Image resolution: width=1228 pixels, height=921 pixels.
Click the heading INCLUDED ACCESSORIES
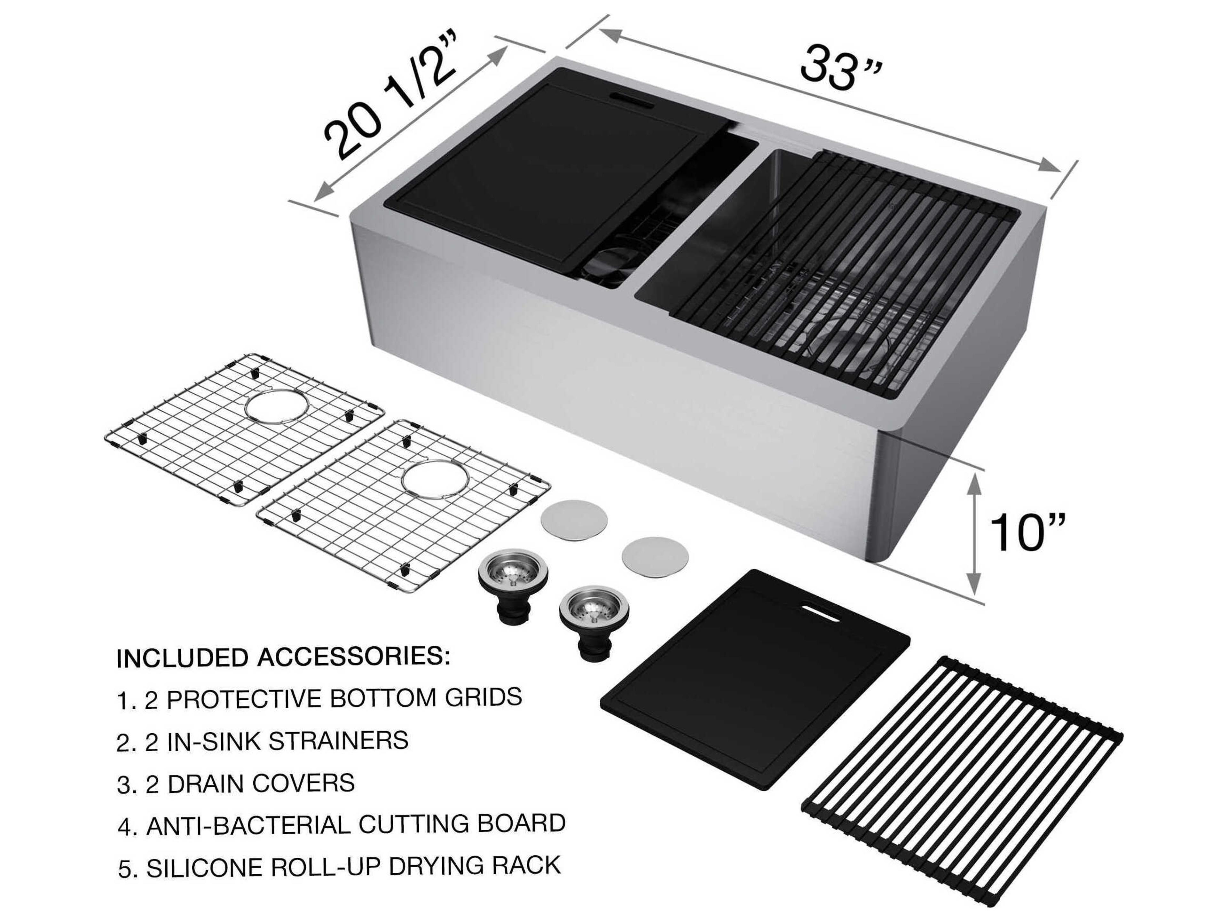[283, 657]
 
